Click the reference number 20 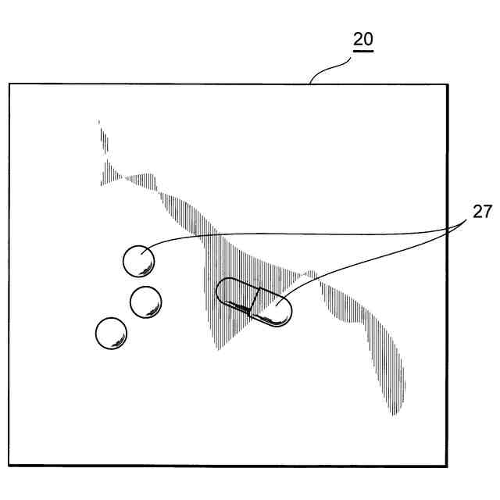click(x=362, y=40)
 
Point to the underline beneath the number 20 click(x=362, y=52)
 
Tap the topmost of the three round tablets click(x=139, y=260)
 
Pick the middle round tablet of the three click(x=145, y=302)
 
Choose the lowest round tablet click(x=111, y=334)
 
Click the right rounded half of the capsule click(x=273, y=309)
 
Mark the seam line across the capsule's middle click(x=253, y=301)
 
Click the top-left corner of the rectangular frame click(x=9, y=84)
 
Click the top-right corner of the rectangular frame click(x=447, y=84)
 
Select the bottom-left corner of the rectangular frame click(x=9, y=466)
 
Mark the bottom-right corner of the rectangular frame click(x=447, y=466)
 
